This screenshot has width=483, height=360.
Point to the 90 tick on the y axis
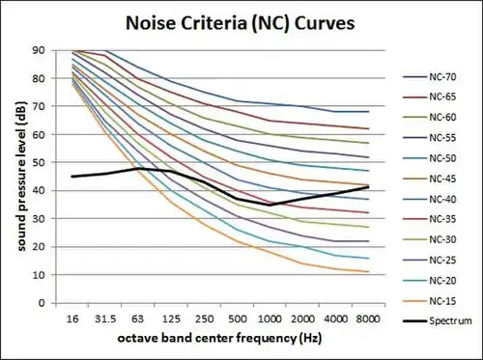tap(38, 50)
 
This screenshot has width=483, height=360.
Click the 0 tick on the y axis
tap(42, 302)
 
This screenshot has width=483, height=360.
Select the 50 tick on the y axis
tap(38, 162)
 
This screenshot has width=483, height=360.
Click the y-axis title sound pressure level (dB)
tap(15, 177)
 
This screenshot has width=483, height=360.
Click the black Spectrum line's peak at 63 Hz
tap(139, 169)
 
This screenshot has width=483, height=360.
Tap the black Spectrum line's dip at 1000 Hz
tap(270, 205)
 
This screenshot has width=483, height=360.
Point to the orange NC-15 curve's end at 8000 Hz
tap(368, 271)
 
